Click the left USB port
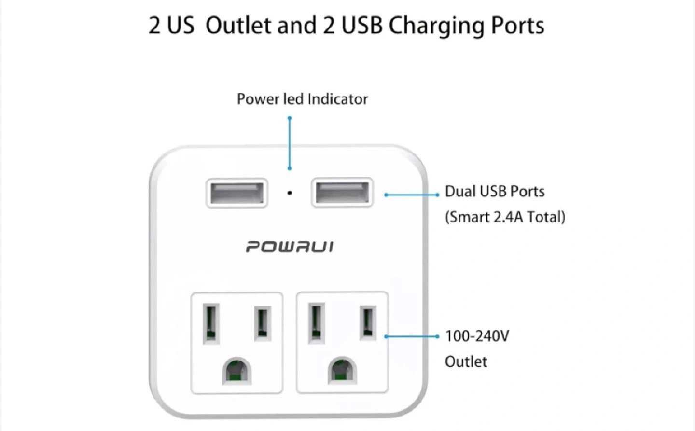pyautogui.click(x=236, y=193)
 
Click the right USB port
pyautogui.click(x=342, y=193)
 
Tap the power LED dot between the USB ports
pyautogui.click(x=290, y=193)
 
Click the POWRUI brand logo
pyautogui.click(x=289, y=247)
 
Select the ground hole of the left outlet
pyautogui.click(x=236, y=371)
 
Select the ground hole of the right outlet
pyautogui.click(x=342, y=371)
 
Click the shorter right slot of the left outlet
pyautogui.click(x=262, y=322)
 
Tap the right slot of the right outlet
pyautogui.click(x=368, y=322)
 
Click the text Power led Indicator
pyautogui.click(x=302, y=99)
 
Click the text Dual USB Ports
pyautogui.click(x=494, y=192)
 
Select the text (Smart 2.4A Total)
pyautogui.click(x=505, y=217)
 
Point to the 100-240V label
pyautogui.click(x=477, y=336)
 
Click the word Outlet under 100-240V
pyautogui.click(x=466, y=361)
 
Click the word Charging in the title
pyautogui.click(x=436, y=26)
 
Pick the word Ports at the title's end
pyautogui.click(x=517, y=25)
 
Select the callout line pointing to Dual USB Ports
pyautogui.click(x=411, y=195)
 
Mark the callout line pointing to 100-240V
pyautogui.click(x=411, y=336)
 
